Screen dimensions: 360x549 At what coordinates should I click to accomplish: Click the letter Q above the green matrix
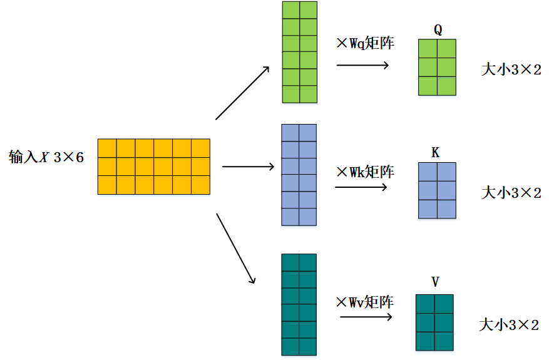click(x=437, y=29)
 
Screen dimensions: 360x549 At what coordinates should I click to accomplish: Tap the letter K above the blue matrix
click(x=436, y=152)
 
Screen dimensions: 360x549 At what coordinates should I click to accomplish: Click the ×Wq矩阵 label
click(x=366, y=44)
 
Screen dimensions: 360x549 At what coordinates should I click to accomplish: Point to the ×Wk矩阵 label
click(x=366, y=171)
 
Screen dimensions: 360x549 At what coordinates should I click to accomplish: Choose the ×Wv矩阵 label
click(x=364, y=302)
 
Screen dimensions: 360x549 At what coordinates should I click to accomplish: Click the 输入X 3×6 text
click(x=46, y=157)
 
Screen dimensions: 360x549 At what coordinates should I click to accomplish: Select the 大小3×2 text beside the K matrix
click(x=511, y=192)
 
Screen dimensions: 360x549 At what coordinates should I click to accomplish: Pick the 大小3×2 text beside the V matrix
click(x=509, y=325)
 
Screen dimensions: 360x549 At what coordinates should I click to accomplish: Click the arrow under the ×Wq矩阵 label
click(x=363, y=64)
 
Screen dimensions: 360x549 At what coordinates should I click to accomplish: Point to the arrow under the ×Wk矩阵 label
click(x=362, y=187)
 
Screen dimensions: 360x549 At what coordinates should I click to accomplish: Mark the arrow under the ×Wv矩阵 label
click(x=366, y=317)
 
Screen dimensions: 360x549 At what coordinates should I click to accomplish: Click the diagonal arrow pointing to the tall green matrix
click(x=242, y=92)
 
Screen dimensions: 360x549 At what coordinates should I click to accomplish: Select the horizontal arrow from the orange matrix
click(x=249, y=167)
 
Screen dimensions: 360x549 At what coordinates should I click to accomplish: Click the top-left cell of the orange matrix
click(x=107, y=148)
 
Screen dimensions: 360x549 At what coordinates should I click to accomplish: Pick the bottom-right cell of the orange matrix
click(x=200, y=185)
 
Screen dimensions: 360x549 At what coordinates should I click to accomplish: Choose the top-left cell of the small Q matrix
click(x=428, y=49)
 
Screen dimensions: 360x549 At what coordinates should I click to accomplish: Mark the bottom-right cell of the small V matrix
click(x=444, y=341)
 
